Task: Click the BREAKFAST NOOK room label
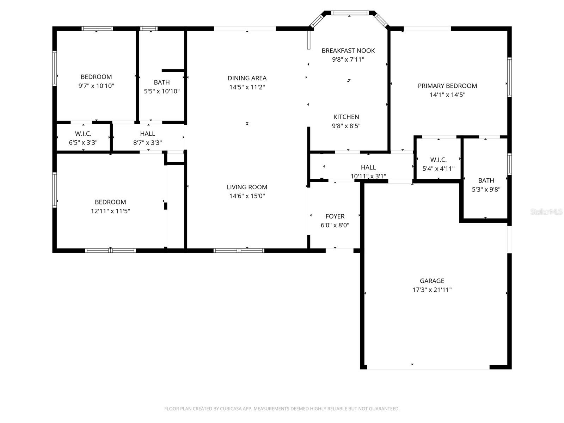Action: point(348,51)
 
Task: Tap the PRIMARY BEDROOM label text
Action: point(447,86)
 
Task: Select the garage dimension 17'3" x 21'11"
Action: point(432,290)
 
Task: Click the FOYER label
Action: point(335,216)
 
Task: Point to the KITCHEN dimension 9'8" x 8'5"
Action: point(346,126)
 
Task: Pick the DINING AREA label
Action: point(247,78)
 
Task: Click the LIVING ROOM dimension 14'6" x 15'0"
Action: point(247,196)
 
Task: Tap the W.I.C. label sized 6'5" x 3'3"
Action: point(83,134)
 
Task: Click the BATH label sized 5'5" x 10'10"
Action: point(162,82)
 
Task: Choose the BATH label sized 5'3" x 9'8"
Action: point(486,180)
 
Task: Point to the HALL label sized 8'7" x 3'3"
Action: point(147,134)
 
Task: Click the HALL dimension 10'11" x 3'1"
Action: point(368,176)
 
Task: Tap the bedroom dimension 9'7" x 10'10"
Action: point(96,86)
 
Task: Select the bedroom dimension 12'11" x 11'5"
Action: point(110,211)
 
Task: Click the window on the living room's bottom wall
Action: point(239,251)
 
